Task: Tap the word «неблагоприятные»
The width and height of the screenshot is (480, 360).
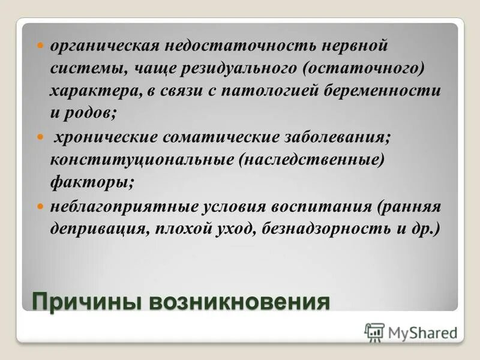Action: pyautogui.click(x=124, y=207)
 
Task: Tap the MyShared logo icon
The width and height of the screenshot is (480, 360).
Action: pyautogui.click(x=374, y=331)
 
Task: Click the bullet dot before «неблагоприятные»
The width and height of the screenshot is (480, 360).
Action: pyautogui.click(x=41, y=206)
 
